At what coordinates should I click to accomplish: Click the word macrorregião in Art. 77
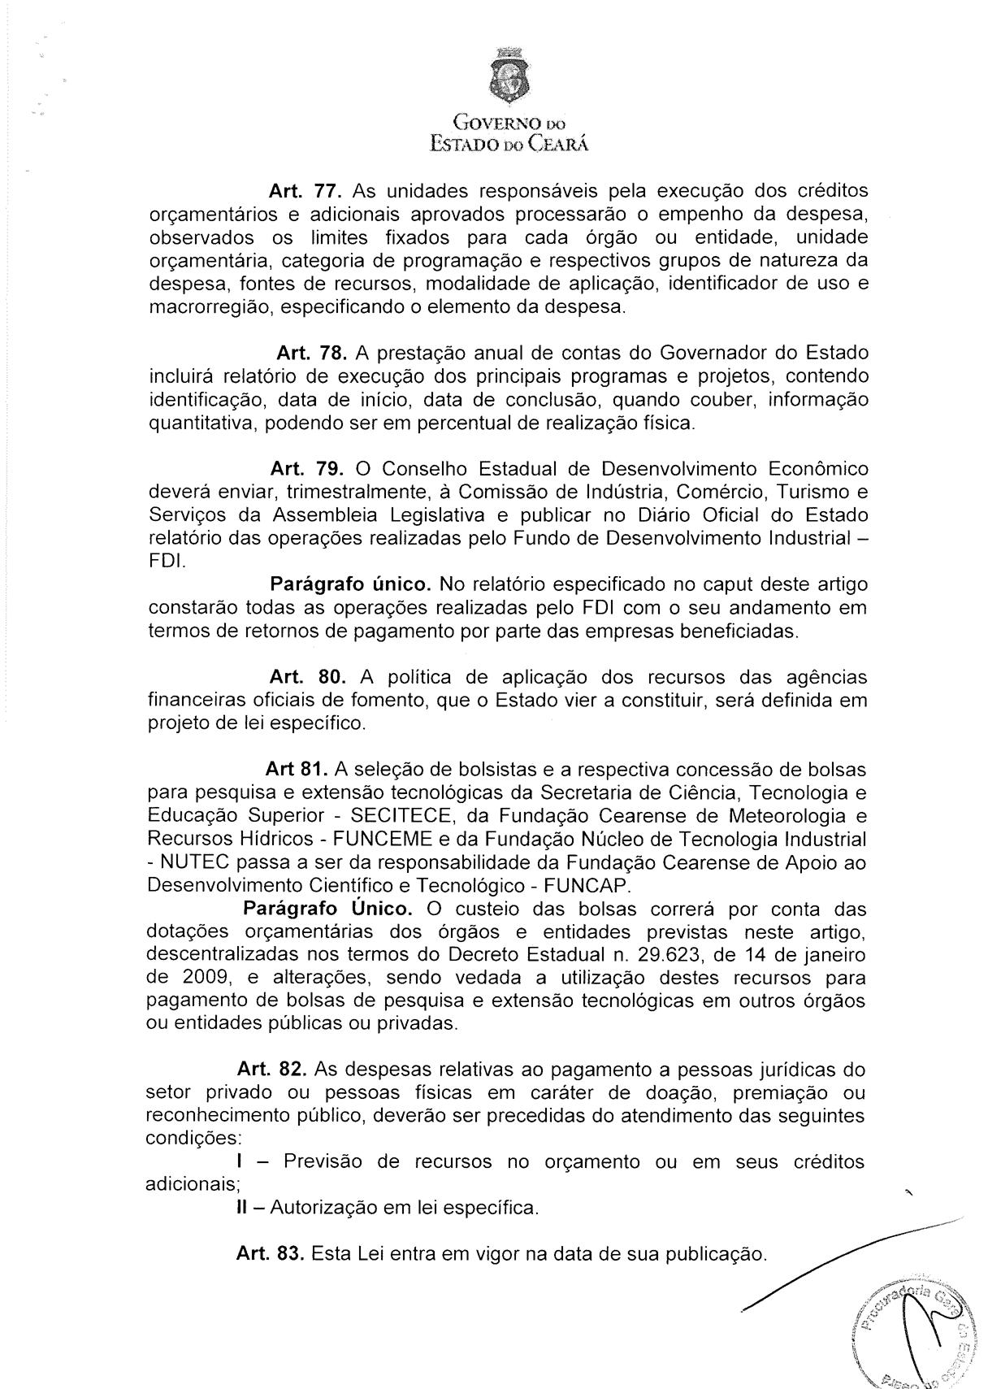[206, 309]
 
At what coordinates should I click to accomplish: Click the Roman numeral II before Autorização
[241, 1208]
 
